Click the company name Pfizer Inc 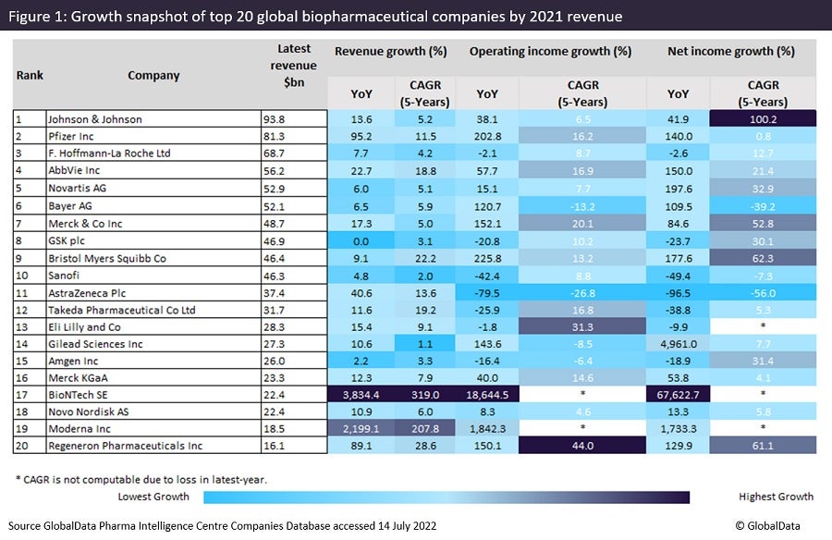(74, 136)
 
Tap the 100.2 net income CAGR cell (764, 119)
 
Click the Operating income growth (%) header (550, 52)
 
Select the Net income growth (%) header (730, 52)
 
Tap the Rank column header (30, 76)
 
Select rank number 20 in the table (22, 447)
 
